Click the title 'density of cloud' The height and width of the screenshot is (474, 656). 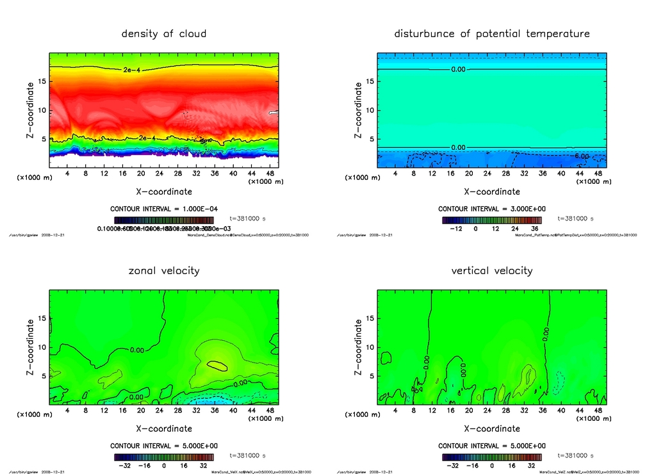pyautogui.click(x=164, y=33)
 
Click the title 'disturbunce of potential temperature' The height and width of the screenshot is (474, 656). pyautogui.click(x=492, y=33)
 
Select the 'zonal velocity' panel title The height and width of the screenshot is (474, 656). pyautogui.click(x=164, y=270)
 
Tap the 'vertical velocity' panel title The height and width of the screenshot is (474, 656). pyautogui.click(x=492, y=270)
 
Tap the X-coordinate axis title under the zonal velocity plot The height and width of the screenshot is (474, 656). pyautogui.click(x=164, y=429)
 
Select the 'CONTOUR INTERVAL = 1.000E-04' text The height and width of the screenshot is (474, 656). pyautogui.click(x=164, y=209)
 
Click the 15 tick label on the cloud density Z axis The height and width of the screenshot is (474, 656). pyautogui.click(x=42, y=81)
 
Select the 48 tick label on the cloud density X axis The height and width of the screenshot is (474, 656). pyautogui.click(x=270, y=174)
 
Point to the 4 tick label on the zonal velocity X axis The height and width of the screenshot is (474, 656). pyautogui.click(x=67, y=411)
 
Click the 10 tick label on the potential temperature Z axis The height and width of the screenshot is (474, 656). pyautogui.click(x=370, y=110)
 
